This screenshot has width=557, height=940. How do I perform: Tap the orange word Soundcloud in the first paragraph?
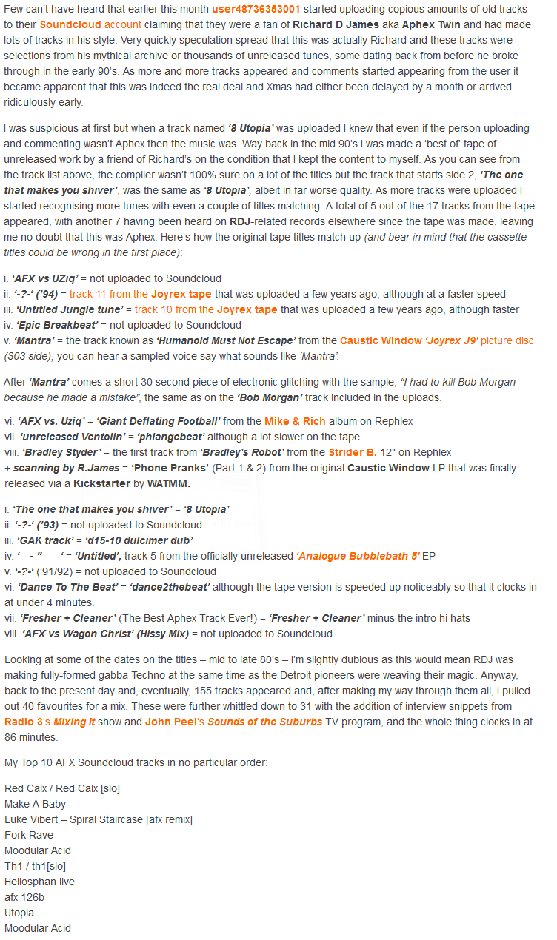(x=66, y=24)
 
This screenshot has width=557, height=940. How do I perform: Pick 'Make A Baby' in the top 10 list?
(x=35, y=804)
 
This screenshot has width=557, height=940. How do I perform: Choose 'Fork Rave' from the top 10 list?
(x=29, y=835)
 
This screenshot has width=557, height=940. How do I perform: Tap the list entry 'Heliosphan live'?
(x=39, y=882)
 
